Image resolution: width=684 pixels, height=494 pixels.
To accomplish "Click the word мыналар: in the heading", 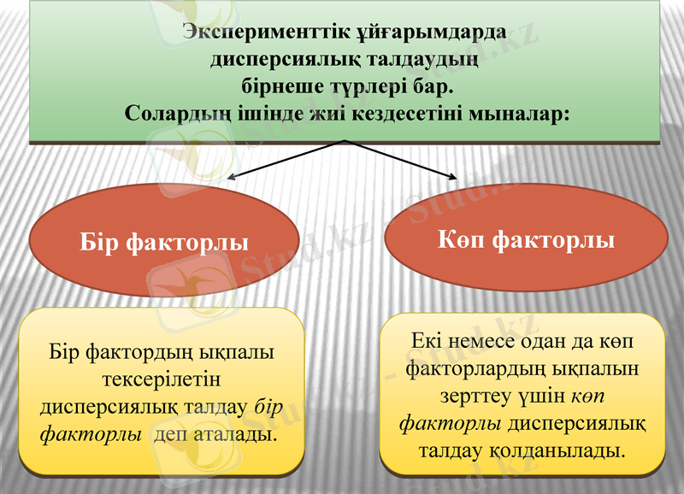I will coord(522,112).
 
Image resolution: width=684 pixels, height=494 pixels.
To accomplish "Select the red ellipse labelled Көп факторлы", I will coord(526,240).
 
